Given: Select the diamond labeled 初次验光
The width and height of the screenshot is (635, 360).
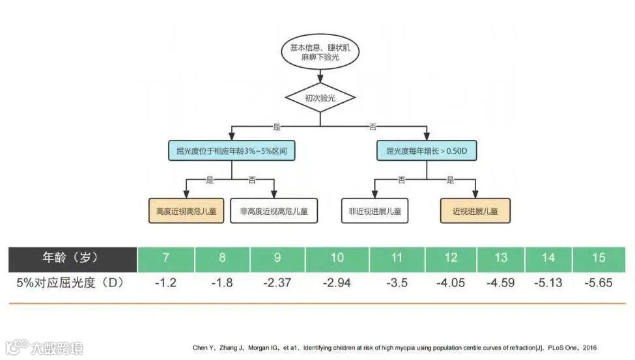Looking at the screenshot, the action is click(320, 98).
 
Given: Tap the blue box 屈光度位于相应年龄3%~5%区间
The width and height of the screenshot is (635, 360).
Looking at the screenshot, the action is click(232, 151).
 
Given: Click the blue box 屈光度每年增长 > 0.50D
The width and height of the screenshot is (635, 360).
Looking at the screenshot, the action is click(427, 151).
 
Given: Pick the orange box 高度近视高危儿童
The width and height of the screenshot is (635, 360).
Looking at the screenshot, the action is click(186, 211).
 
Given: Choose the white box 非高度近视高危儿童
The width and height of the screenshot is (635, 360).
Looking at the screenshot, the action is click(274, 211).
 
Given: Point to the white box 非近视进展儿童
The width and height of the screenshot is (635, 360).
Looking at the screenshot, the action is click(375, 211).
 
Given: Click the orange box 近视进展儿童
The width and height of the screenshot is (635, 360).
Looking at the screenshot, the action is click(475, 211).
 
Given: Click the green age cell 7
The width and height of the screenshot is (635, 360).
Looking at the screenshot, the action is click(166, 258).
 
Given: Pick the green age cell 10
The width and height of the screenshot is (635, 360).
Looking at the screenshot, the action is click(337, 258).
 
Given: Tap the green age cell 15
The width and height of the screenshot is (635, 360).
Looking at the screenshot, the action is click(599, 258).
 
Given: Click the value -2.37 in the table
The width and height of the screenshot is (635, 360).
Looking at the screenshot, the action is click(277, 283).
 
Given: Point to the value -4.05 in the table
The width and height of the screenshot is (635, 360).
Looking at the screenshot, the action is click(451, 283).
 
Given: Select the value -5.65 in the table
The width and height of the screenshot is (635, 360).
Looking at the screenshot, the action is click(599, 283).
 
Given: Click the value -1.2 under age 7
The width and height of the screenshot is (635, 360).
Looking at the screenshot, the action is click(166, 283).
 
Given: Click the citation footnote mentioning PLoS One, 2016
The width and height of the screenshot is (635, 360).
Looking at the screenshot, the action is click(394, 348).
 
